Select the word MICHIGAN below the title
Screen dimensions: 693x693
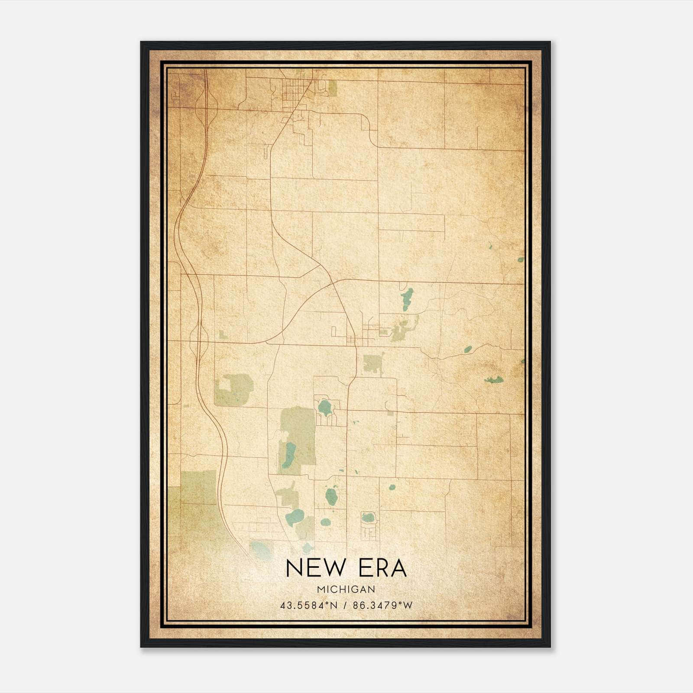click(346, 589)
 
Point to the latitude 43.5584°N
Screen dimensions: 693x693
click(308, 606)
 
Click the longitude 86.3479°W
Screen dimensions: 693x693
click(383, 606)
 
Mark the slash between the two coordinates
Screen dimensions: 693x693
click(346, 606)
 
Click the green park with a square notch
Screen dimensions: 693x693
click(234, 390)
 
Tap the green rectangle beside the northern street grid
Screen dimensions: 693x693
click(332, 88)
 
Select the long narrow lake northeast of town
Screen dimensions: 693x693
click(407, 299)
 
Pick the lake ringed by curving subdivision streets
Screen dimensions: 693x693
click(324, 407)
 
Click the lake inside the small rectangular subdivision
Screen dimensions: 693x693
click(368, 517)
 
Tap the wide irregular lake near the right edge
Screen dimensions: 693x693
click(494, 380)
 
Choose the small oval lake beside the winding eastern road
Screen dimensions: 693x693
click(468, 349)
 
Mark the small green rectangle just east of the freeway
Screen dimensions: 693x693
click(223, 334)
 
